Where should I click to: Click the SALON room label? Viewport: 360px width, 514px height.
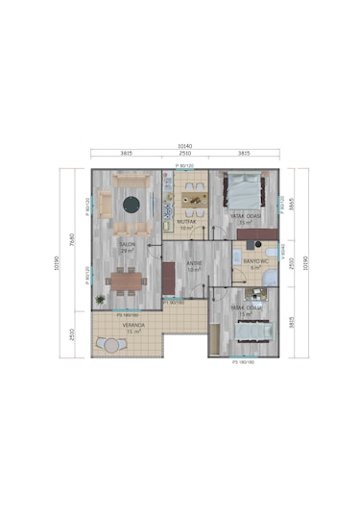click(x=126, y=245)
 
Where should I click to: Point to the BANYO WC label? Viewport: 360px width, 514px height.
click(x=254, y=260)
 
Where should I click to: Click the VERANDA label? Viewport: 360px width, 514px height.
click(x=133, y=325)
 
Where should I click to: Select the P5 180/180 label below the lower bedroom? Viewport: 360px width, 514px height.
click(x=244, y=362)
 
